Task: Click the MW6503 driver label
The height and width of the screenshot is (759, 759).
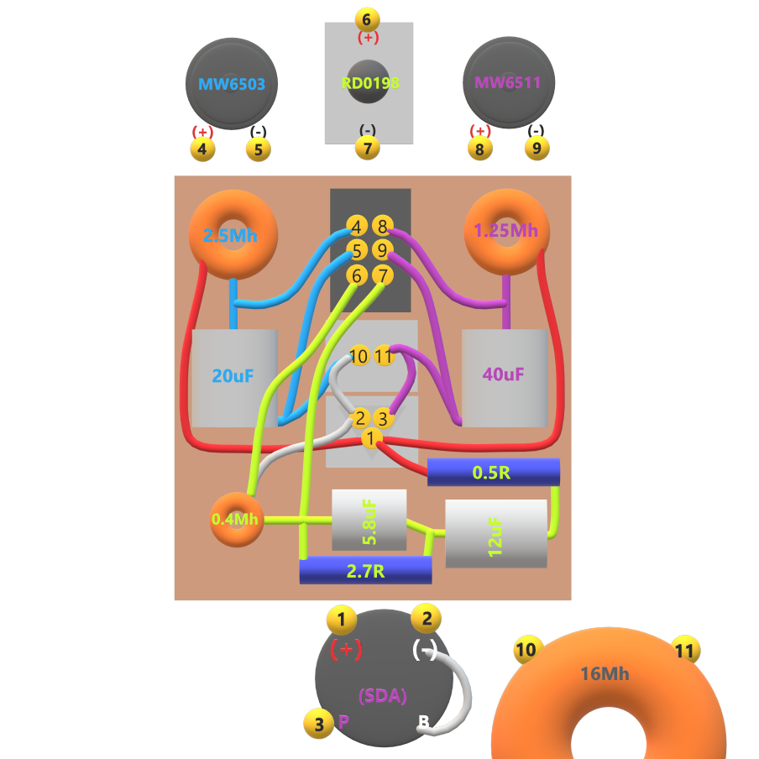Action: [x=231, y=84]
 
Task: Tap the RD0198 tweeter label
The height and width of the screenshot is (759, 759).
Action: [x=369, y=83]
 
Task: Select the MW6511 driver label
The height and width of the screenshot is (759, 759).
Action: [x=508, y=83]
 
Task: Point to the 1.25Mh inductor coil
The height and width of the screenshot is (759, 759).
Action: [x=506, y=230]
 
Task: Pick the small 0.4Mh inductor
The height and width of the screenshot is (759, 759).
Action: [x=236, y=519]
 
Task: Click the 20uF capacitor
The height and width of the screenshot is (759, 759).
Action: [x=234, y=376]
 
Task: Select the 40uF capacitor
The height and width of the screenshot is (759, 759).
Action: [x=505, y=374]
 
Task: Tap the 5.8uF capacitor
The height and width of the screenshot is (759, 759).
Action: [x=369, y=520]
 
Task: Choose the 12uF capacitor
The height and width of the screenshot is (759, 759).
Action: [x=495, y=534]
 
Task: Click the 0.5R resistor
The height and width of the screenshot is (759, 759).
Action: [x=493, y=472]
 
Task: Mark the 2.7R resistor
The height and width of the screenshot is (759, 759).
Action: [x=365, y=571]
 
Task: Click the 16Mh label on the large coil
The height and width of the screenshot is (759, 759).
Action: [x=605, y=673]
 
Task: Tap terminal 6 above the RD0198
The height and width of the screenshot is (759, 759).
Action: [x=367, y=19]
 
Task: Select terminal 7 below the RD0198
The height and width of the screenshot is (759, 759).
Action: [x=367, y=148]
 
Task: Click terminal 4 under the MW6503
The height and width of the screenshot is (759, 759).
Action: [x=202, y=149]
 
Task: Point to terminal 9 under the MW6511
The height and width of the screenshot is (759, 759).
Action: [x=537, y=149]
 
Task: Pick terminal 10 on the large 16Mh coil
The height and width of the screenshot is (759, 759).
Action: [x=526, y=650]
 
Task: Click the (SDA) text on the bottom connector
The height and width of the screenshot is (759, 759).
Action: [x=383, y=695]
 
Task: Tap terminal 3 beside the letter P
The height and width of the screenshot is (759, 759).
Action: [x=318, y=724]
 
